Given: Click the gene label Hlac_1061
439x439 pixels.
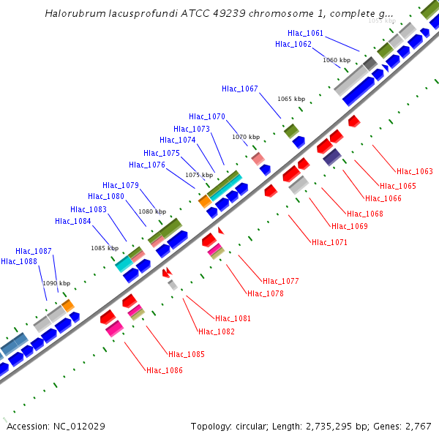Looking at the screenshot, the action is [x=305, y=33].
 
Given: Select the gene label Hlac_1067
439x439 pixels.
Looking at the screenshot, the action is [x=240, y=89].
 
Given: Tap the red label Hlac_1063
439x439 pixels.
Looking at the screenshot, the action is [x=415, y=171].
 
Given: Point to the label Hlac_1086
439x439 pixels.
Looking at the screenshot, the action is [x=165, y=370].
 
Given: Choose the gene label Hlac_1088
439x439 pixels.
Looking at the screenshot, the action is [x=19, y=261].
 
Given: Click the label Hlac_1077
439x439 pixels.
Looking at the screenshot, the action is [x=281, y=281].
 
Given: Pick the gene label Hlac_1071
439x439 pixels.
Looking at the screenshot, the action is [x=329, y=242].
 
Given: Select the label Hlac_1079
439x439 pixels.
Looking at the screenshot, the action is [x=121, y=185].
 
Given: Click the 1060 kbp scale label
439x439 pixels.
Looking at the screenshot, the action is [x=337, y=60].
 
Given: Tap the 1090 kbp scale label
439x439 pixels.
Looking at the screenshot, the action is [x=56, y=283].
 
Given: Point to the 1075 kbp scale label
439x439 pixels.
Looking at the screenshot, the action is [x=199, y=175].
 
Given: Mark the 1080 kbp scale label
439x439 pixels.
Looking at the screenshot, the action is [x=152, y=211].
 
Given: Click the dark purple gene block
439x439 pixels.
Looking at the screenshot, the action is [x=331, y=157].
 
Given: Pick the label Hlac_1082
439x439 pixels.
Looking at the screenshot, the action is [x=217, y=331].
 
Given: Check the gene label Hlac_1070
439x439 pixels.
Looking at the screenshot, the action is [x=207, y=116].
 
